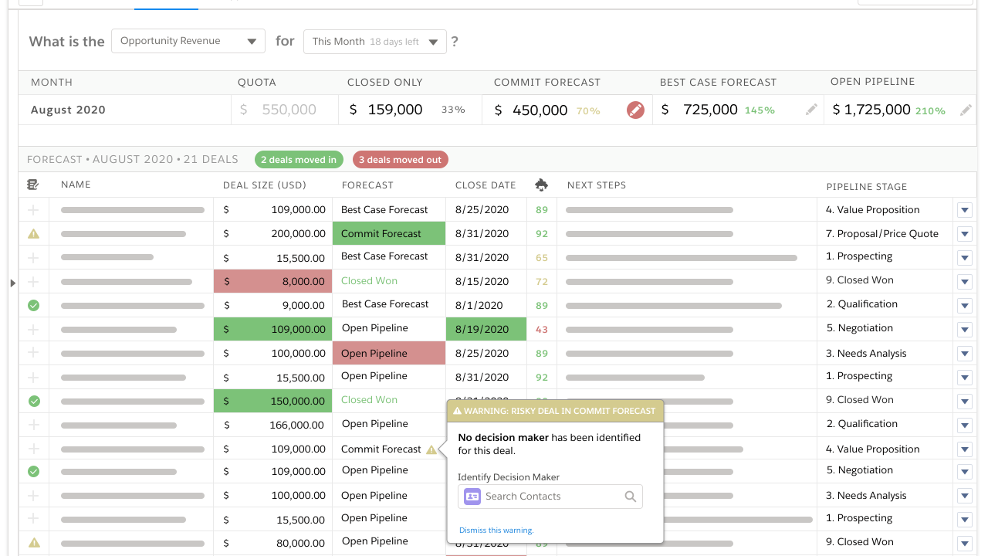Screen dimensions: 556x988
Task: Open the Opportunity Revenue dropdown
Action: tap(188, 42)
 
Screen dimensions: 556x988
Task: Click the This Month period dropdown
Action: tap(375, 42)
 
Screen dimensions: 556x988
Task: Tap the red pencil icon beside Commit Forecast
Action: tap(635, 110)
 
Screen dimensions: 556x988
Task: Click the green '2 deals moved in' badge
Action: tap(299, 160)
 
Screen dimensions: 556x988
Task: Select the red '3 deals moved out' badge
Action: tap(400, 160)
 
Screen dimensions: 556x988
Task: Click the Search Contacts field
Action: tap(551, 497)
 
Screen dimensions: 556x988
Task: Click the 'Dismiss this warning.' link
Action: tap(496, 531)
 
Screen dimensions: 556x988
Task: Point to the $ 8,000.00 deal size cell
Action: tap(273, 282)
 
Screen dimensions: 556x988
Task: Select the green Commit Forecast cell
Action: tap(389, 234)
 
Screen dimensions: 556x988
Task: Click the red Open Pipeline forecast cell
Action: tap(389, 354)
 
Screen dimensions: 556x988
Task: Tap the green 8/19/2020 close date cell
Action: tap(486, 330)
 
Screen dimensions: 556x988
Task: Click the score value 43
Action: tap(542, 330)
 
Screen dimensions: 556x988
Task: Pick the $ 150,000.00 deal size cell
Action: tap(273, 402)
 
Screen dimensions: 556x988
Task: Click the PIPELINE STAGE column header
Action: tap(867, 187)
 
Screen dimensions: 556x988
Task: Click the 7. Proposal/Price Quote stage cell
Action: tap(882, 234)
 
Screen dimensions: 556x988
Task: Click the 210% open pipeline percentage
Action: tap(930, 111)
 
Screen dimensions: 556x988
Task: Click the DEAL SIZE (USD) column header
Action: tap(265, 185)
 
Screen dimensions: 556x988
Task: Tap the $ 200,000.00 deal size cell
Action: tap(273, 234)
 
